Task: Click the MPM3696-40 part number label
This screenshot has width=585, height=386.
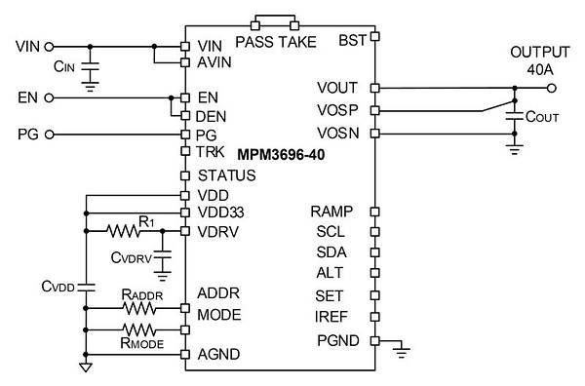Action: [281, 154]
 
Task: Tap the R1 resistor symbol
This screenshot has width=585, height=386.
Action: [123, 231]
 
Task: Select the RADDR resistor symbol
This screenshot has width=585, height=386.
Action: [139, 308]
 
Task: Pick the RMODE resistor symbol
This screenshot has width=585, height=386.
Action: [139, 330]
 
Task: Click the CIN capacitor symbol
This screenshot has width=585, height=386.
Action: [90, 67]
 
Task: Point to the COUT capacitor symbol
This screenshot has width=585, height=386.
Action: [515, 116]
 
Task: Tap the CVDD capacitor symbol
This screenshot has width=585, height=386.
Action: [86, 288]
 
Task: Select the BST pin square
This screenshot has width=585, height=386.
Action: [375, 36]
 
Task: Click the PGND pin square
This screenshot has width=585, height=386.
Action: [375, 341]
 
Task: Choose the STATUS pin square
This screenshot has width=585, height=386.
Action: [185, 175]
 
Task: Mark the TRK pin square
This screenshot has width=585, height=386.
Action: [185, 151]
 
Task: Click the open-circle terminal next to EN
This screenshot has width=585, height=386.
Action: [49, 98]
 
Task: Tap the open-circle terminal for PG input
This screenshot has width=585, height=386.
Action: [49, 135]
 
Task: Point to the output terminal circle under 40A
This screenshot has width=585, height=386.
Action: [552, 89]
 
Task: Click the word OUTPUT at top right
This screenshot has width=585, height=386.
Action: [540, 53]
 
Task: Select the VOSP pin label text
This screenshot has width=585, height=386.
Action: [337, 110]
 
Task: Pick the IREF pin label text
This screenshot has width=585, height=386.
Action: [331, 317]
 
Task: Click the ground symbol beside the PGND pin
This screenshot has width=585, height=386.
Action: [402, 350]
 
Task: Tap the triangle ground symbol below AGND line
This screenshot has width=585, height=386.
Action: [86, 367]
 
